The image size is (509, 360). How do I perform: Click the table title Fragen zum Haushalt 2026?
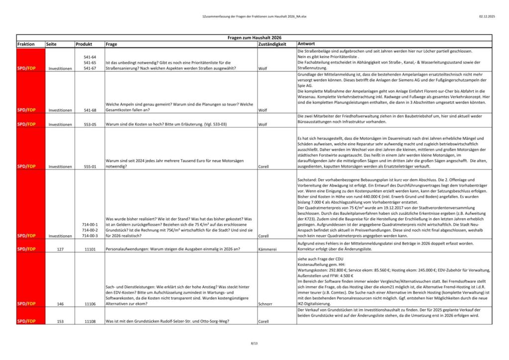[254, 38]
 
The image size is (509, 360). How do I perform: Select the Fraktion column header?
[26, 44]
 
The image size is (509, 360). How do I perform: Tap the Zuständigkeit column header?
[272, 44]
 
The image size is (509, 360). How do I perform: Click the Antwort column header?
[307, 44]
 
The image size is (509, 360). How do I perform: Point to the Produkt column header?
[84, 44]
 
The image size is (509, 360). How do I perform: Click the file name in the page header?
[254, 17]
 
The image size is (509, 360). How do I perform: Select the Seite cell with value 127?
[60, 248]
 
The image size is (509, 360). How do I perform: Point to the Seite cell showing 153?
[60, 321]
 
